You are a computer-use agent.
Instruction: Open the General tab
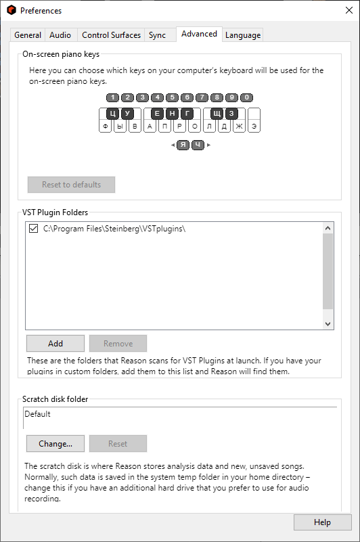28,35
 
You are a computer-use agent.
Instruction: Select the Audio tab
60,35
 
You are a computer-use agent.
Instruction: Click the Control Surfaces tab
111,35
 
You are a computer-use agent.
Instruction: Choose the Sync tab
157,35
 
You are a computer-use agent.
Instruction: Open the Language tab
243,35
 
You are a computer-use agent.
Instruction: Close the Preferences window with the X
349,10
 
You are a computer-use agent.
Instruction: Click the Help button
322,522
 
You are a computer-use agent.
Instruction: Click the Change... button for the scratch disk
55,443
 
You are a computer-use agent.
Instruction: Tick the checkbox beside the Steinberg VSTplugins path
34,229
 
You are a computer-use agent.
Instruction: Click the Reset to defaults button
71,185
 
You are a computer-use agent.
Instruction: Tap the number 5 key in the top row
173,97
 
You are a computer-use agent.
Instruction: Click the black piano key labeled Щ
217,114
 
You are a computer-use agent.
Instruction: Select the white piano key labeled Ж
239,126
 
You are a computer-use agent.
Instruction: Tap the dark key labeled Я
183,145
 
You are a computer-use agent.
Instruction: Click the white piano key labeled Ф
105,126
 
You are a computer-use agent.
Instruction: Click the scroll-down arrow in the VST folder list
328,324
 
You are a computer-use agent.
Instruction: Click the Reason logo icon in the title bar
12,10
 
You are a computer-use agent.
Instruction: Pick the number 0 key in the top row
246,97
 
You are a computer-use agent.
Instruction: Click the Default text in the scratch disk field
37,413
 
